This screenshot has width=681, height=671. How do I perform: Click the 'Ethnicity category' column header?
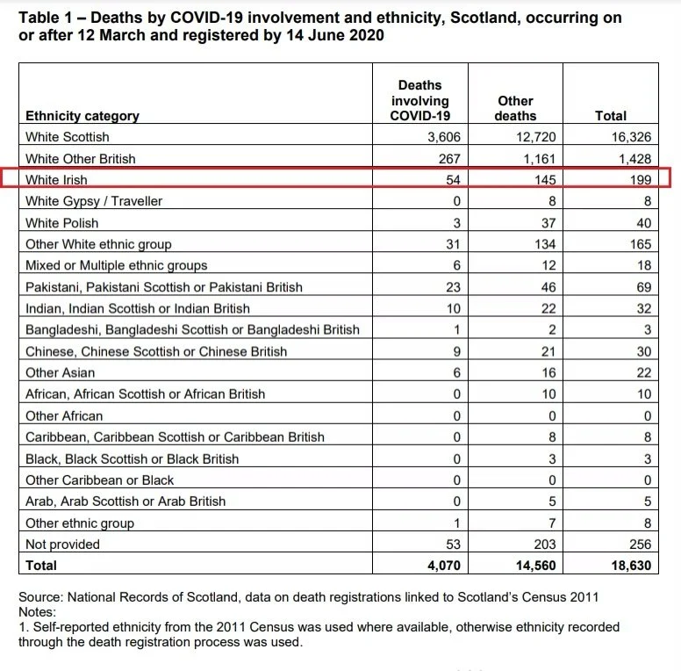pyautogui.click(x=82, y=116)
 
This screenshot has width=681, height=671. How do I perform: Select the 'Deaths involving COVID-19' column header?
pyautogui.click(x=419, y=100)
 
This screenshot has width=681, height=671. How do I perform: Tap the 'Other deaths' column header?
pyautogui.click(x=515, y=108)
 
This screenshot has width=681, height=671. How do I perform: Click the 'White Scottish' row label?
pyautogui.click(x=68, y=137)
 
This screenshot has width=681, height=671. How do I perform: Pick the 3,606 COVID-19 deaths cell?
pyautogui.click(x=443, y=137)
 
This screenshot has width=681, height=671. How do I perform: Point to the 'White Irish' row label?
pyautogui.click(x=56, y=180)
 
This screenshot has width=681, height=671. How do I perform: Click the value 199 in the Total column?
pyautogui.click(x=639, y=180)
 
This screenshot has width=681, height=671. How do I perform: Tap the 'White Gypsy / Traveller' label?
pyautogui.click(x=94, y=201)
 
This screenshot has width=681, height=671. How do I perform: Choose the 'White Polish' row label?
pyautogui.click(x=62, y=223)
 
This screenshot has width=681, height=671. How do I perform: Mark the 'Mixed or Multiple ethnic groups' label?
pyautogui.click(x=117, y=265)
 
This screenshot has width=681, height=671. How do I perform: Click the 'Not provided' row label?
pyautogui.click(x=62, y=545)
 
